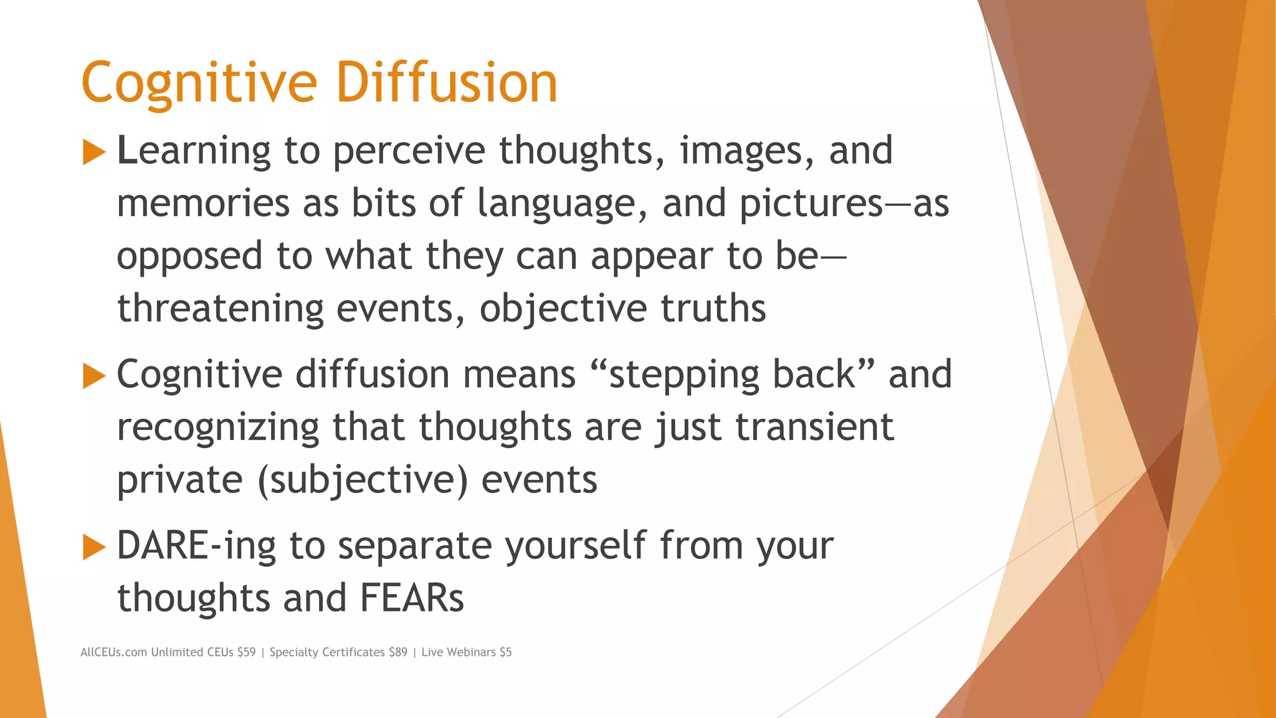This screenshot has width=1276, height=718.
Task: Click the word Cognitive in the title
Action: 199,83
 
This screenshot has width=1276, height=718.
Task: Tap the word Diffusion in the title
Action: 446,83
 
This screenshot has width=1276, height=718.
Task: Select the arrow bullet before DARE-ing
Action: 93,547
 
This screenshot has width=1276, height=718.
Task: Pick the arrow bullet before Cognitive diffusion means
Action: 93,376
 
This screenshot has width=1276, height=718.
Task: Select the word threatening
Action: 221,309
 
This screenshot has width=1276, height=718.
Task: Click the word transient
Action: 814,428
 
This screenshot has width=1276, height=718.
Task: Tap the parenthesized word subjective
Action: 362,481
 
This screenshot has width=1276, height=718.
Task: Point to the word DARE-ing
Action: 196,547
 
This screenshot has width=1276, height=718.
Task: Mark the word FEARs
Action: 412,598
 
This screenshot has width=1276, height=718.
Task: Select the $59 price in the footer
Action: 246,653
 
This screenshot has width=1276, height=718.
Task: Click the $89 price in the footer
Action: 398,653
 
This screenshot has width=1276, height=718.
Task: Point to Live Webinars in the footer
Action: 459,653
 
